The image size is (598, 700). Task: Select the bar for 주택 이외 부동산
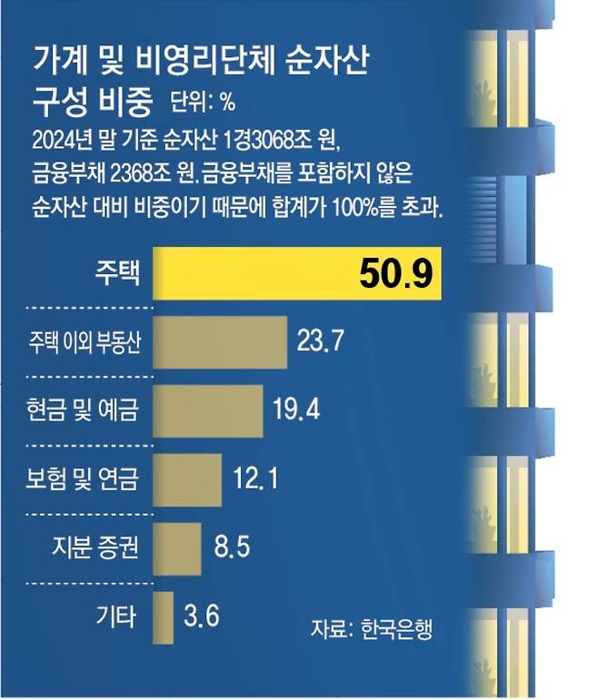pos(220,341)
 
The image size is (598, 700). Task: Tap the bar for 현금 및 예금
pos(207,409)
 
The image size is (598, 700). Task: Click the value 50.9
pos(394,272)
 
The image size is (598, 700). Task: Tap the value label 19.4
pos(297,409)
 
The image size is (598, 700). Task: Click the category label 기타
pos(115,616)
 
